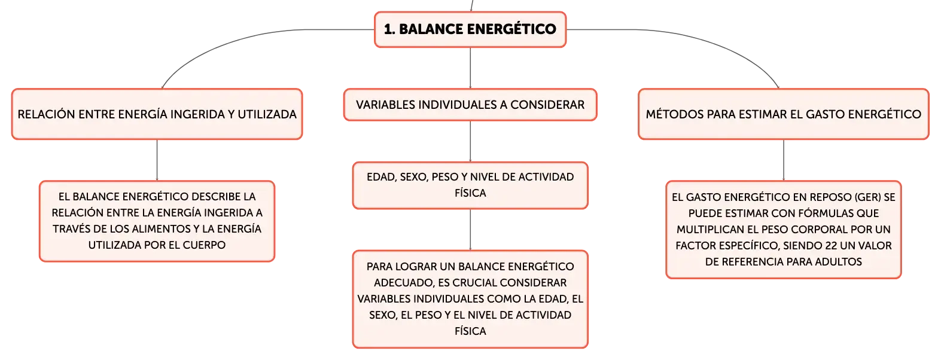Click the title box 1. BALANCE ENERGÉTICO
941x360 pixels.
click(470, 29)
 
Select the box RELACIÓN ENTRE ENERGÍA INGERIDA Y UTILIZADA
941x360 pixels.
click(157, 114)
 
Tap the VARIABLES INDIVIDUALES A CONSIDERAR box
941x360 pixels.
click(470, 105)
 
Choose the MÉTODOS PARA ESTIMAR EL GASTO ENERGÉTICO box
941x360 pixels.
click(784, 114)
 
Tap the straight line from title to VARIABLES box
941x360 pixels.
click(470, 68)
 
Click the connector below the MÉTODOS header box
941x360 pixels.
click(784, 160)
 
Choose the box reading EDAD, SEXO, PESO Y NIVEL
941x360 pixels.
click(470, 185)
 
